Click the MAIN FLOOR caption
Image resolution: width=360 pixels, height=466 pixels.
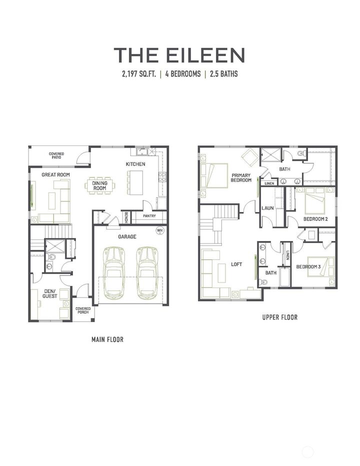pyautogui.click(x=107, y=339)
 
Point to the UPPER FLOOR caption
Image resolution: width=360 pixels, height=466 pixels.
pyautogui.click(x=280, y=317)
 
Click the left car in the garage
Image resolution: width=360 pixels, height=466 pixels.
pyautogui.click(x=115, y=271)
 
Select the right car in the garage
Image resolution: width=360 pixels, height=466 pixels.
pyautogui.click(x=147, y=271)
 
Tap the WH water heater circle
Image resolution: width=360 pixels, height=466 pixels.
pyautogui.click(x=160, y=230)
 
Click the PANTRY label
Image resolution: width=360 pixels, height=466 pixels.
pyautogui.click(x=149, y=216)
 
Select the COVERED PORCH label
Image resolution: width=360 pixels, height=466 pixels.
pyautogui.click(x=83, y=310)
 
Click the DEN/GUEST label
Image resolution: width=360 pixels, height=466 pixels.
pyautogui.click(x=49, y=293)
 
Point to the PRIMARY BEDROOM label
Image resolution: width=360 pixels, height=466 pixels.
pyautogui.click(x=241, y=177)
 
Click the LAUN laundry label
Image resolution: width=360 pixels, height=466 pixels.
pyautogui.click(x=267, y=207)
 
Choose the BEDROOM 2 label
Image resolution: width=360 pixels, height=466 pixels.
pyautogui.click(x=315, y=219)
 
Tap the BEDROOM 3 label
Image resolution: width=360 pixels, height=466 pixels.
pyautogui.click(x=308, y=267)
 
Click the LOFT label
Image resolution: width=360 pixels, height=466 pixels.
pyautogui.click(x=236, y=264)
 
